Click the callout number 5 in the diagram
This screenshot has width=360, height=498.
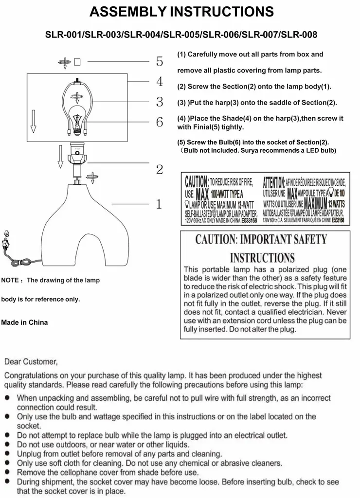point(160,62)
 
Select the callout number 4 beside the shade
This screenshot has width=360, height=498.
point(160,81)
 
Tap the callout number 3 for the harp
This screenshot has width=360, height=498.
point(160,102)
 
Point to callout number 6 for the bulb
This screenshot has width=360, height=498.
point(160,122)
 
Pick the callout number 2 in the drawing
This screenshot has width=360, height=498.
point(160,170)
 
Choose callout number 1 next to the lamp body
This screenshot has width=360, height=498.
point(158,204)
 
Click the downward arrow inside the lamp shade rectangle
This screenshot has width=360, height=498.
point(34,121)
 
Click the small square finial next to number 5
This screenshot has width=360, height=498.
point(78,62)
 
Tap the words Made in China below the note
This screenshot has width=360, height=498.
point(24,322)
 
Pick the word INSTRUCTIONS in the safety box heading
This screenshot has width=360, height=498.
point(262,258)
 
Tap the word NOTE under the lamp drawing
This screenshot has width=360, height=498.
point(10,280)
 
